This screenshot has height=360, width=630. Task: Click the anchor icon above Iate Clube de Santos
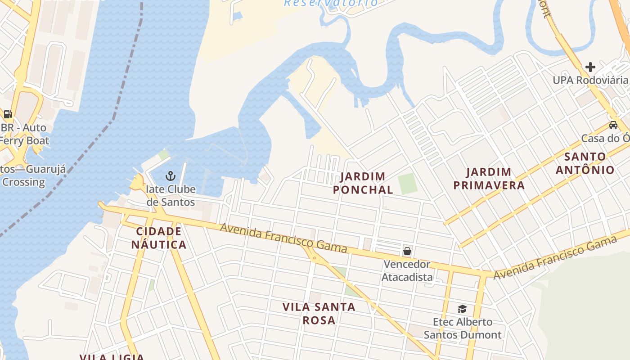pos(171,176)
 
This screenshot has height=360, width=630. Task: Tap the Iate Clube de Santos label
pos(171,196)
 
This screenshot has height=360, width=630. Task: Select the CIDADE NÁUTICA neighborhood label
pos(158,238)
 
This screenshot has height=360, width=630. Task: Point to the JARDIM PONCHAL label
pos(363,183)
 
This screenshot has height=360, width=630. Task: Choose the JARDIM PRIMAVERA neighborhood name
pos(489,179)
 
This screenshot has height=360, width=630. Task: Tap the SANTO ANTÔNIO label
pos(585,163)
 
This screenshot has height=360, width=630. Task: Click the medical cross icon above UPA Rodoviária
pos(590,67)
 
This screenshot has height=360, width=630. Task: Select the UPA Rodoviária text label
pos(590,80)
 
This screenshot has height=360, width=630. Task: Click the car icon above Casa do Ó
pos(613,125)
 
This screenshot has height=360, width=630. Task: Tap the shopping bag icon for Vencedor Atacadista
pos(407,251)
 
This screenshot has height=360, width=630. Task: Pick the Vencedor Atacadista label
pos(407,270)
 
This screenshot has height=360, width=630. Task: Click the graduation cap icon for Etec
pos(462,309)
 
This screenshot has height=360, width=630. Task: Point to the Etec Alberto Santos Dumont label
pos(463,328)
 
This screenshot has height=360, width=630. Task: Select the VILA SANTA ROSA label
pos(319,314)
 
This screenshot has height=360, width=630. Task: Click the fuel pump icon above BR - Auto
pos(8,114)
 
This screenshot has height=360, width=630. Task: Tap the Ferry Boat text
pos(24,140)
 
